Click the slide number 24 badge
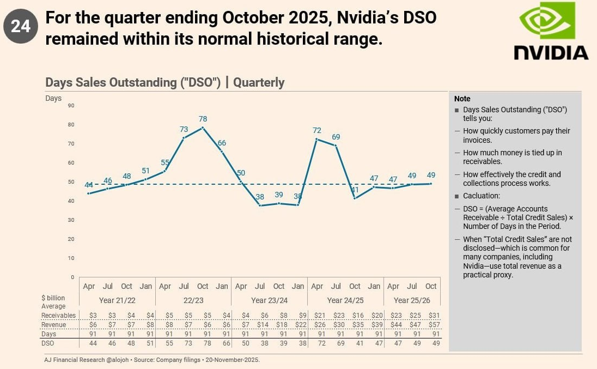click(x=21, y=26)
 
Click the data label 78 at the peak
click(x=203, y=119)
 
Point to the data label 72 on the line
click(x=317, y=130)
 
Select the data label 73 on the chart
click(x=184, y=130)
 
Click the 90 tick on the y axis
click(x=71, y=105)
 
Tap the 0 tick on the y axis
click(x=72, y=277)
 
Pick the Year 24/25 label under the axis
click(x=345, y=300)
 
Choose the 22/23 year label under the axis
click(x=193, y=300)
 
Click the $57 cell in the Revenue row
click(x=435, y=325)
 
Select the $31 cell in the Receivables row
click(x=435, y=315)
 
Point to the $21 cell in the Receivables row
click(x=320, y=315)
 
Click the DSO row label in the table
click(x=48, y=343)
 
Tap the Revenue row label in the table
click(x=54, y=325)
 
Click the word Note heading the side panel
click(x=462, y=99)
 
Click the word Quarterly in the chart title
click(x=259, y=83)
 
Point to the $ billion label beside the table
click(x=53, y=298)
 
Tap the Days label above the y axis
click(x=53, y=99)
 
